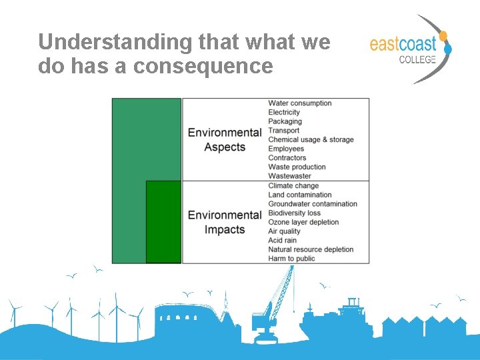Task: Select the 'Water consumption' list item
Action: tap(299, 103)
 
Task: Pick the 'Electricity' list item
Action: tap(284, 113)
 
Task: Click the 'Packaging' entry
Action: tap(285, 121)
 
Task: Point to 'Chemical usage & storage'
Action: tap(311, 140)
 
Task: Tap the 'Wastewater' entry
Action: tap(289, 176)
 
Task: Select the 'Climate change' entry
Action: tap(293, 186)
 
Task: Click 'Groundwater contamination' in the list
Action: tap(313, 204)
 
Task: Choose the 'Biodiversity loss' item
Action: tap(294, 213)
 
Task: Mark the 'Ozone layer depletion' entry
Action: tap(303, 222)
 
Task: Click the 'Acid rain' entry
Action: tap(282, 241)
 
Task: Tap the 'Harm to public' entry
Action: tap(291, 259)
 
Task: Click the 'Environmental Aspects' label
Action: tap(225, 139)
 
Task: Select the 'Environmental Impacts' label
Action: tap(225, 222)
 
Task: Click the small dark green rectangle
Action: tap(163, 221)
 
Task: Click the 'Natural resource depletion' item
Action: tap(311, 249)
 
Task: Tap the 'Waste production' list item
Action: tap(297, 167)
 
